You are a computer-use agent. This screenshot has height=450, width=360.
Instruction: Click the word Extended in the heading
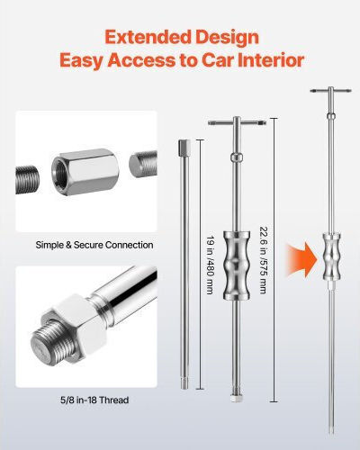tap(148, 38)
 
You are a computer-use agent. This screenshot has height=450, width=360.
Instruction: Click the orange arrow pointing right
tap(301, 260)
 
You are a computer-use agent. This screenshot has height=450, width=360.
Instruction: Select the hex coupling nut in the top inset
tap(85, 171)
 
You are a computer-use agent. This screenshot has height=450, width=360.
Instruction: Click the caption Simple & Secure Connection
tap(94, 245)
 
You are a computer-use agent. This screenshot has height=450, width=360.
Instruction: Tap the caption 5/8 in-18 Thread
tap(94, 400)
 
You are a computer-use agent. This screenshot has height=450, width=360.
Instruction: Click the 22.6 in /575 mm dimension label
tap(263, 260)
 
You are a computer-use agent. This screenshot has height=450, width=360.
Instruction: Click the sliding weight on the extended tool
tap(331, 256)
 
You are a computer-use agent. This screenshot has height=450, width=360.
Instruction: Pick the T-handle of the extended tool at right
tap(330, 91)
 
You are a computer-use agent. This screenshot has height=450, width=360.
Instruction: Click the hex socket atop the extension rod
tap(184, 146)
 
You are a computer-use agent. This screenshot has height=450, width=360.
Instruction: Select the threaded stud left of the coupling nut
tap(27, 180)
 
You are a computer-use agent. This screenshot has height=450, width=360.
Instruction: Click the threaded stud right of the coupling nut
tap(143, 164)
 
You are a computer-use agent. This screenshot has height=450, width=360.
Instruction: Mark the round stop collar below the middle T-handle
tap(237, 157)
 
